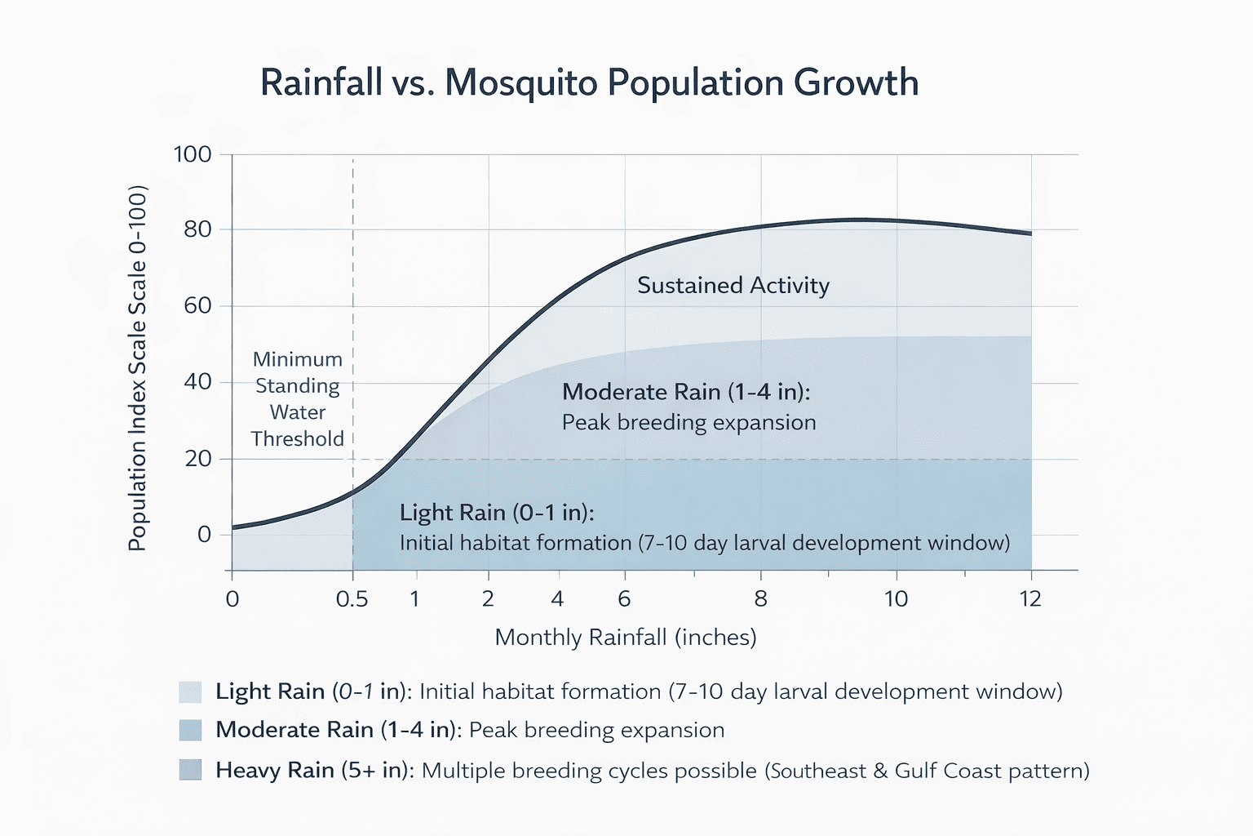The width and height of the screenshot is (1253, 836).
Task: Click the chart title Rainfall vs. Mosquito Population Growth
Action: tap(589, 83)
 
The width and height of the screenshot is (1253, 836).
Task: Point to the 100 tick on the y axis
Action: tap(193, 154)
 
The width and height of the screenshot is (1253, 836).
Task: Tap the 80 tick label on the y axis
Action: tap(197, 229)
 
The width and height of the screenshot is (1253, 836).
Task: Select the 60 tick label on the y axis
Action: tap(197, 306)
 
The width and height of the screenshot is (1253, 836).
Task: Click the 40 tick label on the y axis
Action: tap(197, 382)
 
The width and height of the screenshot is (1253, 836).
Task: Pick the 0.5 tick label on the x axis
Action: tap(352, 599)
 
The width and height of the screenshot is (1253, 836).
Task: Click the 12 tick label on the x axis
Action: tap(1030, 599)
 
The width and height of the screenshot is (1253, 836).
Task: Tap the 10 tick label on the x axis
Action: tap(896, 599)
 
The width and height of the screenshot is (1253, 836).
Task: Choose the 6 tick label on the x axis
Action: tap(624, 599)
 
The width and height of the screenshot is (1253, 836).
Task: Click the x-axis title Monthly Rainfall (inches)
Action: tap(626, 638)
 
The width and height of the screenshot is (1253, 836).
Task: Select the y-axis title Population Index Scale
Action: tap(137, 368)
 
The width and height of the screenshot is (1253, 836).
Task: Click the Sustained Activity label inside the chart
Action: tap(733, 286)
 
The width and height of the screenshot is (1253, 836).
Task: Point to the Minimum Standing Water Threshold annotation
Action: tap(297, 399)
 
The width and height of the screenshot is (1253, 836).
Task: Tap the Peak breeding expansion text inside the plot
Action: tap(688, 423)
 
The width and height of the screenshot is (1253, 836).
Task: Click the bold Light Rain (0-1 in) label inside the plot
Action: tap(497, 513)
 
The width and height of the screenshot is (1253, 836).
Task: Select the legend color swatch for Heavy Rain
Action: tap(190, 770)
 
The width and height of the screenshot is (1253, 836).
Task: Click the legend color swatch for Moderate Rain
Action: tap(190, 730)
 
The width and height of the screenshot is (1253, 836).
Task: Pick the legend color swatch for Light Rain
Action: tap(190, 692)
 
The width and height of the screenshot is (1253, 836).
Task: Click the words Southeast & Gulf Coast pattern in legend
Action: tap(927, 771)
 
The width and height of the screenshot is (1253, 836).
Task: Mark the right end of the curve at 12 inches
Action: tap(1031, 234)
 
